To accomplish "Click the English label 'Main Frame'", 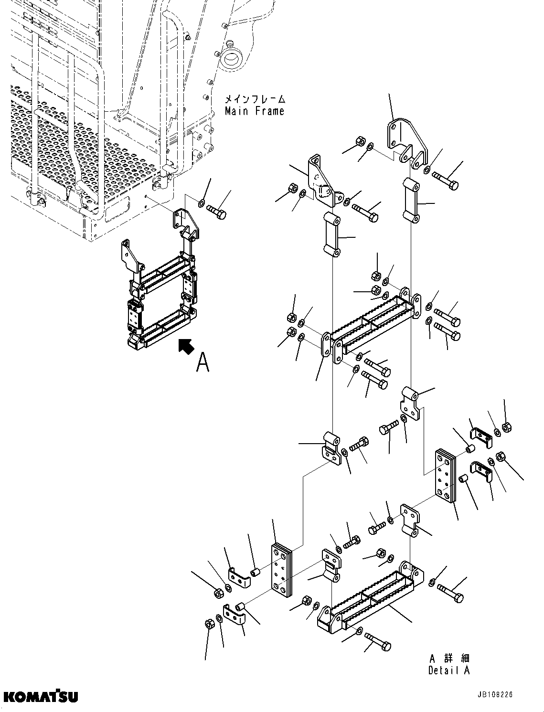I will coord(255,111).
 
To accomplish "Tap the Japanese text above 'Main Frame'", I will coord(255,99).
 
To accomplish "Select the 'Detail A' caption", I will coord(448,670).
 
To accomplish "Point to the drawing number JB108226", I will coord(487,695).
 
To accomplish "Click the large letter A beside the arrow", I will coord(203,362).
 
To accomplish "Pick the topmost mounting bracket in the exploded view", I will coord(406,138).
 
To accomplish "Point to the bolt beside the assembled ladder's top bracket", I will coord(216,213).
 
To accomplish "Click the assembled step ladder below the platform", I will coord(160,291).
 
